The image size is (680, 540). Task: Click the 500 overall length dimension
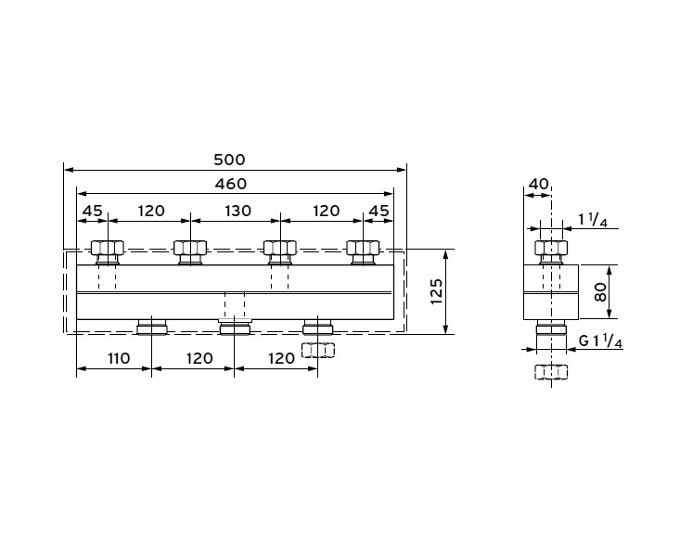tap(229, 160)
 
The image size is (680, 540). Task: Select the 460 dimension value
tap(231, 184)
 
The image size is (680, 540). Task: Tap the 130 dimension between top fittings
tap(238, 211)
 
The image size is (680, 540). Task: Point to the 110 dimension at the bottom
tap(119, 358)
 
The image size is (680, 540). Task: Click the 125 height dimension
tap(436, 291)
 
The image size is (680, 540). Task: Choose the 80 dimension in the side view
tap(600, 292)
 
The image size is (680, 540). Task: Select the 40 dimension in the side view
tap(539, 184)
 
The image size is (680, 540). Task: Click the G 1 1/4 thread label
tap(601, 341)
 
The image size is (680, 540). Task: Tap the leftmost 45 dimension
tap(93, 211)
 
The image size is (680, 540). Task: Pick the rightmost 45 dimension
tap(378, 211)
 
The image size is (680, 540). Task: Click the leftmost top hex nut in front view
tap(108, 248)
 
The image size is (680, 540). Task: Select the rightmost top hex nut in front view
tap(363, 248)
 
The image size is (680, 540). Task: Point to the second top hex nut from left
tap(190, 248)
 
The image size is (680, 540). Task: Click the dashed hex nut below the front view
tap(318, 350)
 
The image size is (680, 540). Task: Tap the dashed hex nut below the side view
tap(551, 372)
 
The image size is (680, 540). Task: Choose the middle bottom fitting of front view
tap(235, 327)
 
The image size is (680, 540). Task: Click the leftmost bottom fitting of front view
tap(152, 327)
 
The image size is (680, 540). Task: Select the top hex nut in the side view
tap(551, 248)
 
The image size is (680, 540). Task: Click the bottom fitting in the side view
tap(551, 328)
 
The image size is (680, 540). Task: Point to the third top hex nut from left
tap(280, 248)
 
